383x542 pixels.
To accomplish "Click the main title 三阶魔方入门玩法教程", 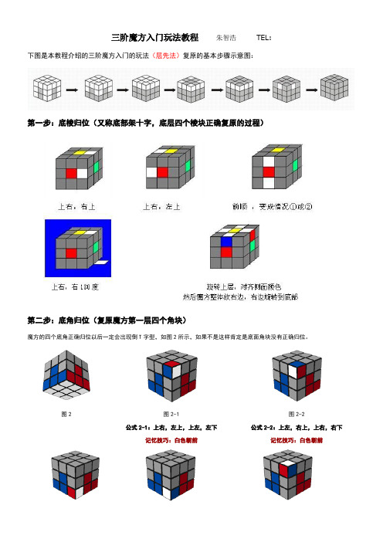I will (x=155, y=37).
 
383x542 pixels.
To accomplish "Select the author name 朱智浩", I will (x=227, y=37).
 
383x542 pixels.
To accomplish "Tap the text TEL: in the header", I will (x=263, y=37).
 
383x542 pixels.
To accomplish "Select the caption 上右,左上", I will (x=162, y=206).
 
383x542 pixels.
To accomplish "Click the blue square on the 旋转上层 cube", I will (x=226, y=241).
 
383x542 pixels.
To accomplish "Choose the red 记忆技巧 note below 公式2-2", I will (x=297, y=439).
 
